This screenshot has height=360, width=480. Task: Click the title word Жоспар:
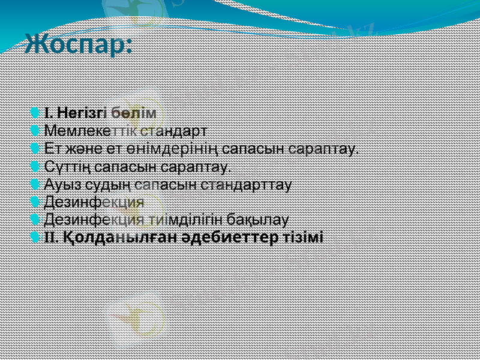tap(78, 45)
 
